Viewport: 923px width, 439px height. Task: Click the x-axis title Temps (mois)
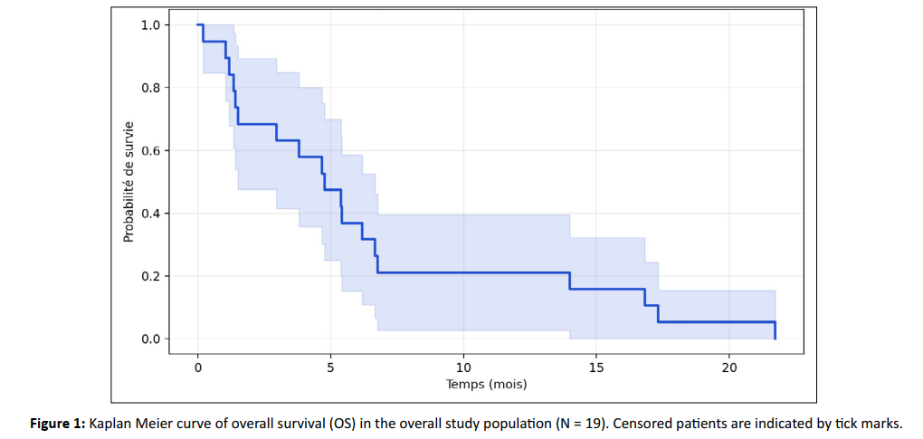coord(486,385)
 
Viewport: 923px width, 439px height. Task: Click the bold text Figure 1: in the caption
coord(58,424)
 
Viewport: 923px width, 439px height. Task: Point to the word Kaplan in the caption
coord(105,425)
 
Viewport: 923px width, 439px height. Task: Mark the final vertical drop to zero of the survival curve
coord(776,330)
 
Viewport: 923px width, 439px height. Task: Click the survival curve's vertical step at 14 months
coord(570,281)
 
